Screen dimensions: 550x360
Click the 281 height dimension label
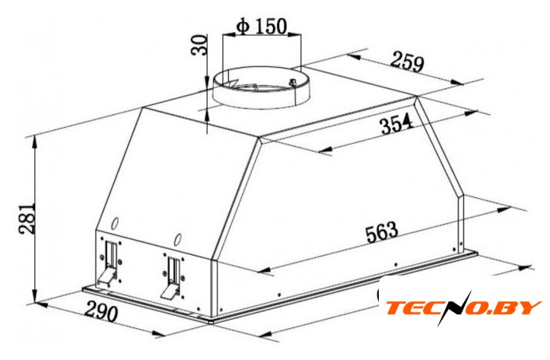click(27, 218)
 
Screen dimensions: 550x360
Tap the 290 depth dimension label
click(100, 311)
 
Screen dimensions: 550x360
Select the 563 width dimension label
click(382, 231)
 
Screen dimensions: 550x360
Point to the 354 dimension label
click(397, 123)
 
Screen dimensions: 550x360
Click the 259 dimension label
click(407, 62)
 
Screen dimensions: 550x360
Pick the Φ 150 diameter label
click(262, 26)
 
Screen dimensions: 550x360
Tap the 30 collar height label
click(199, 45)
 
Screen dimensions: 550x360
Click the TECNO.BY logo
click(463, 307)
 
